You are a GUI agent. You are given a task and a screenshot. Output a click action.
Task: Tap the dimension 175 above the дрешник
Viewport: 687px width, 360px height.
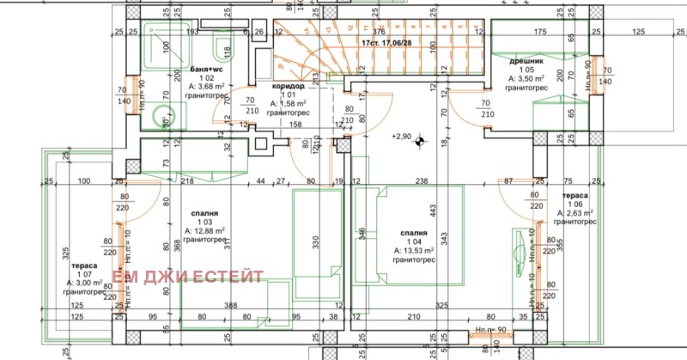click(x=538, y=33)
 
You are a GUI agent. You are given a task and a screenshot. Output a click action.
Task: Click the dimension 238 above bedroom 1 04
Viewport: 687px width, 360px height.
click(x=421, y=181)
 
